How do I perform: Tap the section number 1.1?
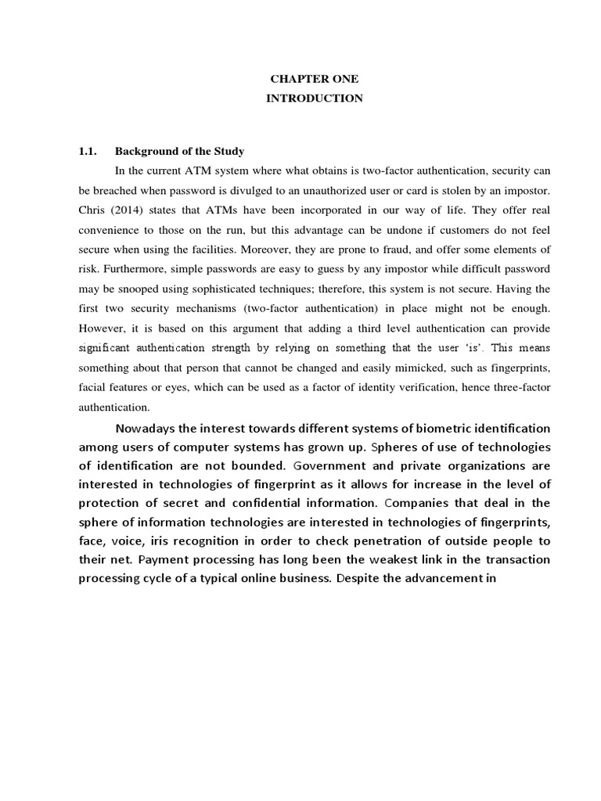(88, 151)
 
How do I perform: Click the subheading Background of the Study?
(180, 151)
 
